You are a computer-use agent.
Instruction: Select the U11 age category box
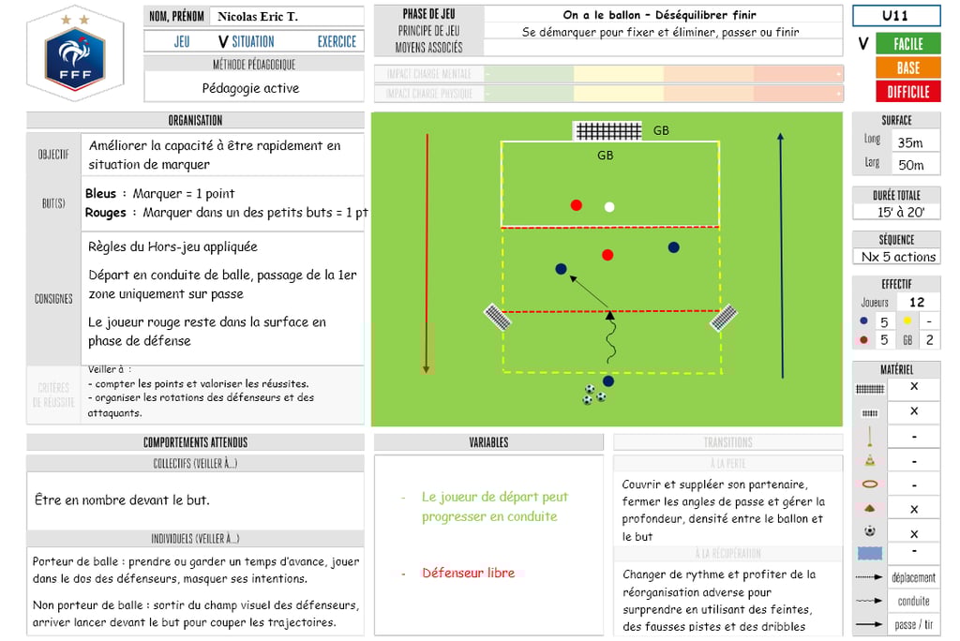(x=894, y=16)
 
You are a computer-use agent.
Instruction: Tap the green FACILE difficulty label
(x=907, y=44)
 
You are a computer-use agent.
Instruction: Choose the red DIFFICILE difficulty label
(x=907, y=92)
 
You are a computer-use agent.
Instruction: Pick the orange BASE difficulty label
(x=907, y=67)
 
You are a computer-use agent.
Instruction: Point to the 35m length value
(x=909, y=142)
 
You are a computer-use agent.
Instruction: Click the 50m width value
(x=910, y=165)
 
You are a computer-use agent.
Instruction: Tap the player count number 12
(x=917, y=302)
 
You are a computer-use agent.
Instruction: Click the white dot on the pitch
(x=609, y=207)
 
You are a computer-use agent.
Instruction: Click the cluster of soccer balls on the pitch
(x=593, y=395)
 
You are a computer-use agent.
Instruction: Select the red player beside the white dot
(x=576, y=205)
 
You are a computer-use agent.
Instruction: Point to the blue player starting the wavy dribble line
(x=608, y=380)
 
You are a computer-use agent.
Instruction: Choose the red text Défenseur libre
(x=468, y=573)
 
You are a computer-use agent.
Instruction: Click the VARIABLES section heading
(x=488, y=442)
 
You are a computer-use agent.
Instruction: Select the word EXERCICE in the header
(x=337, y=41)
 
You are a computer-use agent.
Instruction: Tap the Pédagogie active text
(x=250, y=88)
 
